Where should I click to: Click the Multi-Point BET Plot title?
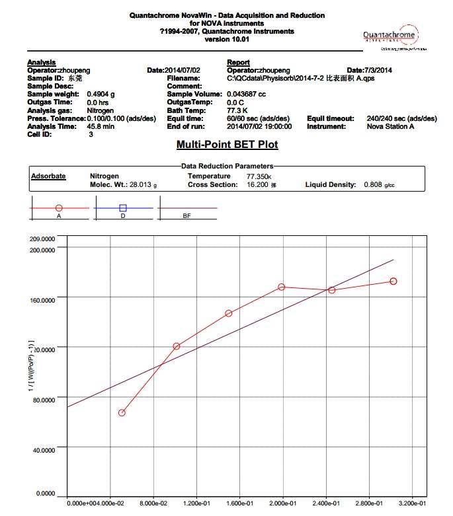click(x=227, y=145)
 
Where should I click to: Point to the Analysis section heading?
click(x=41, y=62)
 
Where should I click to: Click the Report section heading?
click(x=238, y=62)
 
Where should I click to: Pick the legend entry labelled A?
click(x=59, y=208)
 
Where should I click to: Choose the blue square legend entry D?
click(x=123, y=208)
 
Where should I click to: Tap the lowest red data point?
click(x=122, y=413)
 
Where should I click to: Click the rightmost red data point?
click(x=393, y=281)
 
